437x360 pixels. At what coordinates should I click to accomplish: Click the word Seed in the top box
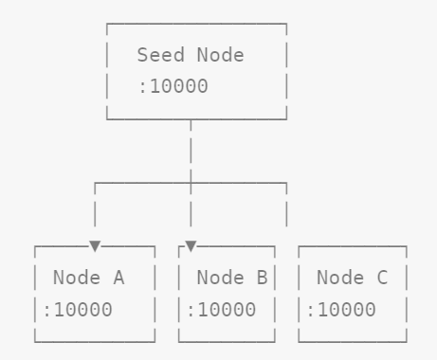[161, 55]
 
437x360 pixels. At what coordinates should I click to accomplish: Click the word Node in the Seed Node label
[221, 55]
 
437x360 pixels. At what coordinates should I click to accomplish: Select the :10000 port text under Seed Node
[173, 86]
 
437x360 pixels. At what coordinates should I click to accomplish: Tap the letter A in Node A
[118, 278]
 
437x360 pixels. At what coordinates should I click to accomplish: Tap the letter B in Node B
[263, 278]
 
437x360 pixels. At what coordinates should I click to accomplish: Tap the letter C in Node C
[382, 278]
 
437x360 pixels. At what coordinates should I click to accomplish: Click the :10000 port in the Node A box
[78, 310]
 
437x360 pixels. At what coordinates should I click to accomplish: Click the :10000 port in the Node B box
[222, 310]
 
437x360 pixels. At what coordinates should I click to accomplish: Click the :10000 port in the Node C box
[341, 310]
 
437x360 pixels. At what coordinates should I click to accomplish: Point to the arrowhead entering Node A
[95, 246]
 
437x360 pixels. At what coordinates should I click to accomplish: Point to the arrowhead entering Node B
[191, 246]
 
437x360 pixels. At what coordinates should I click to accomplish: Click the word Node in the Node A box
[77, 278]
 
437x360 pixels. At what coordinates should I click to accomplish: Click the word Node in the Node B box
[221, 278]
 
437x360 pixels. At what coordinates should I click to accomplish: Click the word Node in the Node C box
[340, 278]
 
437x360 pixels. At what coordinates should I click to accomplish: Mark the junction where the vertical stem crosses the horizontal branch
[191, 183]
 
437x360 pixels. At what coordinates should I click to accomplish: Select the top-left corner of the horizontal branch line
[95, 183]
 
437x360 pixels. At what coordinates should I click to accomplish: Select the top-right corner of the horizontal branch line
[286, 183]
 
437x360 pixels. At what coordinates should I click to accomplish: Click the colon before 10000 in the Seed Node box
[142, 87]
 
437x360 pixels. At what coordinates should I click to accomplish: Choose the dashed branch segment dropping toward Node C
[286, 205]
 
